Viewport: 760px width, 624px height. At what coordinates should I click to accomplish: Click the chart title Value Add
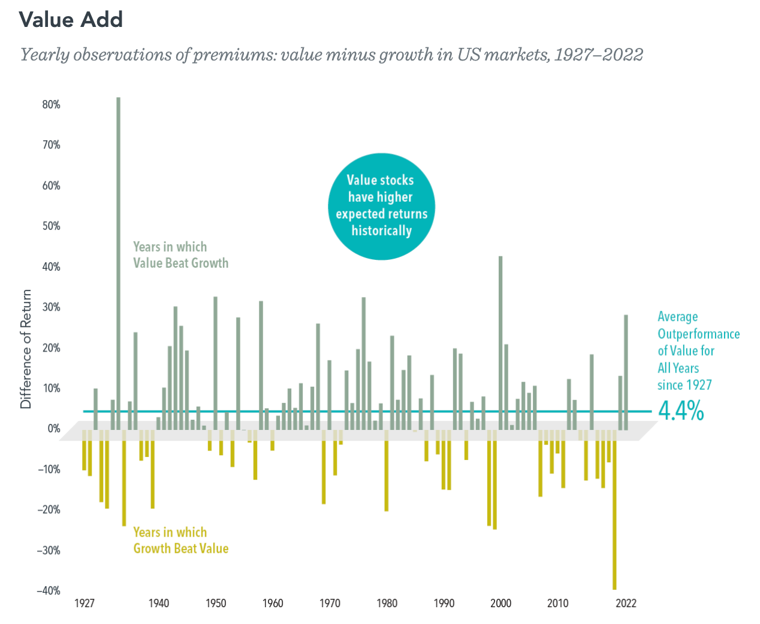pos(71,20)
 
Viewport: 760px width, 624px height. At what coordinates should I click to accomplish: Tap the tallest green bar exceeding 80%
pos(119,263)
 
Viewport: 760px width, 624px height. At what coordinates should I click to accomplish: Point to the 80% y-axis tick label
pos(50,105)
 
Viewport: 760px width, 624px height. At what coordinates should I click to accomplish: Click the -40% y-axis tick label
pos(48,591)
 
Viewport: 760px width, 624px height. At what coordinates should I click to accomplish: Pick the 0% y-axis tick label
pos(53,429)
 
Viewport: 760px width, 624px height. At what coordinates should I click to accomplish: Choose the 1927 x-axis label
pos(85,604)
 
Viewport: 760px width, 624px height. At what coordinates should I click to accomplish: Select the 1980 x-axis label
pos(387,604)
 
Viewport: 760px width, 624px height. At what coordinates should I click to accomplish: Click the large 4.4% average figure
pos(681,411)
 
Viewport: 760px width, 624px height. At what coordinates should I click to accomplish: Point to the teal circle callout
pos(381,205)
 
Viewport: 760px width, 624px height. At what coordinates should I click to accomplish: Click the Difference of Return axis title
pos(26,349)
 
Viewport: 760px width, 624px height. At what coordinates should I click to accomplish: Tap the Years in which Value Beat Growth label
pos(180,255)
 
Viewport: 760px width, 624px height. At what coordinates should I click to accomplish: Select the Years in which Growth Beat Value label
pos(180,541)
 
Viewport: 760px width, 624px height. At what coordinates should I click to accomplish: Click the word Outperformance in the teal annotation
pos(698,334)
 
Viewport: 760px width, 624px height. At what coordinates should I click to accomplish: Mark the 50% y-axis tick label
pos(50,226)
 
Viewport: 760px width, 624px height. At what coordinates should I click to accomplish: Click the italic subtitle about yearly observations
pos(331,55)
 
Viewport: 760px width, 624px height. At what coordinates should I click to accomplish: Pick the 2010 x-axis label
pos(557,604)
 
